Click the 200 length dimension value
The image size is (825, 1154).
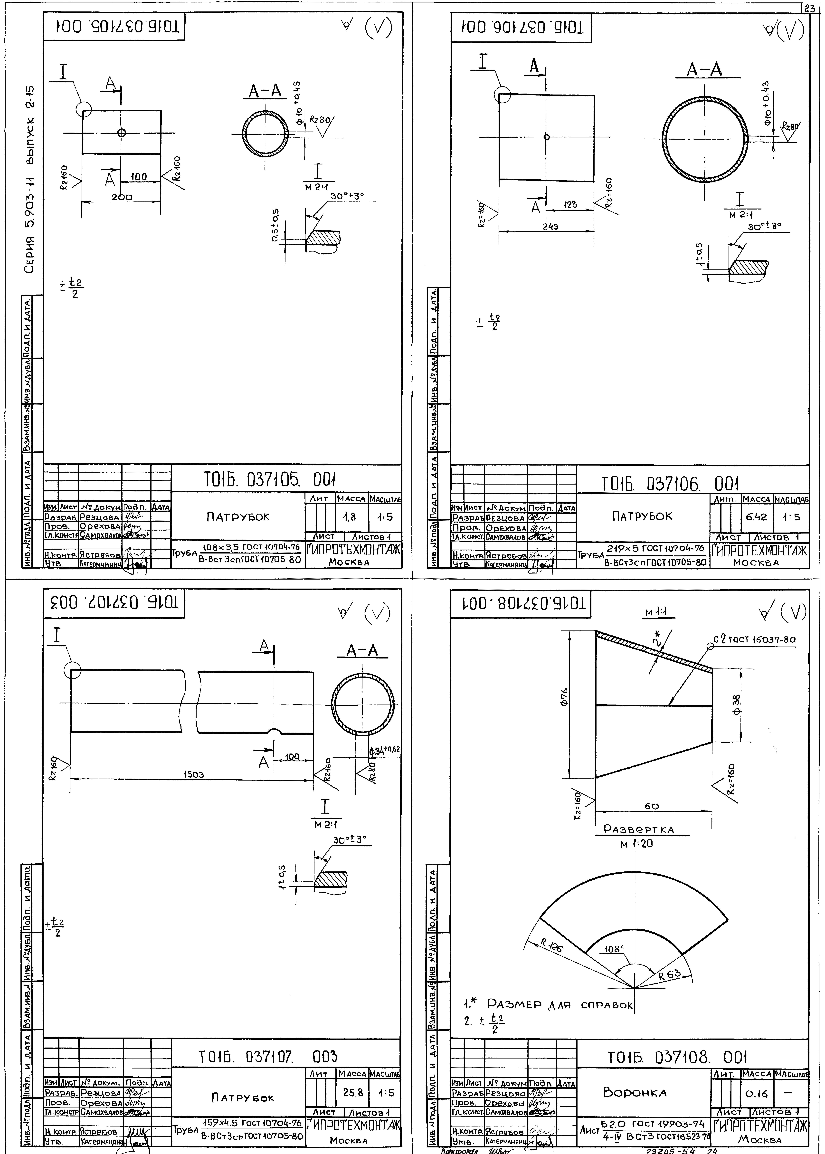122,198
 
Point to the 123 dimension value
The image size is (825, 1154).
570,205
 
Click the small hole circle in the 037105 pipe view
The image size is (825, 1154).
121,133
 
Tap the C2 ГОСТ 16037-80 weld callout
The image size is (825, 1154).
754,639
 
